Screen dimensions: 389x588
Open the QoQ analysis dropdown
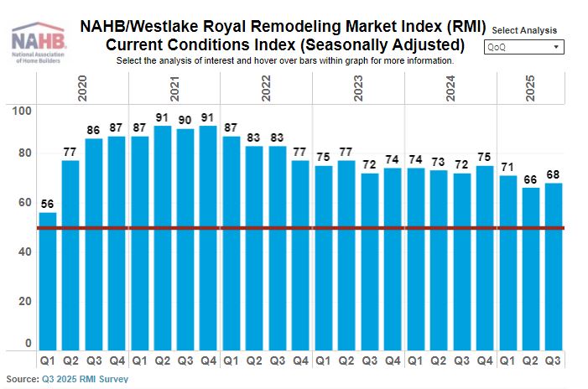[523, 47]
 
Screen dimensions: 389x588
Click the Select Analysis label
[525, 29]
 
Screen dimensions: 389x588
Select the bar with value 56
[48, 281]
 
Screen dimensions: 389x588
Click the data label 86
[94, 131]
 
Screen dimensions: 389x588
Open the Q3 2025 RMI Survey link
[86, 379]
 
